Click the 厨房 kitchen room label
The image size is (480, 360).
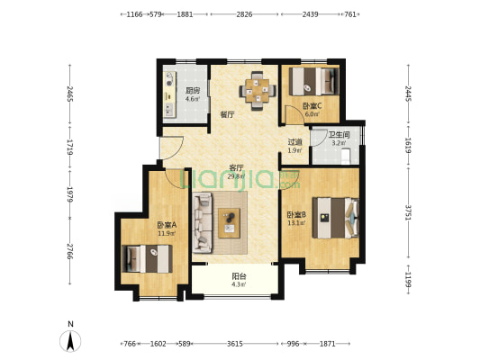[x=193, y=91]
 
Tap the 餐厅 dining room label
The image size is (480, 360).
[x=228, y=115]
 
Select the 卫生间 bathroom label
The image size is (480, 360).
[x=339, y=135]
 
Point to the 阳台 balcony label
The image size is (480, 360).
[x=239, y=276]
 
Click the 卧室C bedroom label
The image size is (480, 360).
[x=312, y=106]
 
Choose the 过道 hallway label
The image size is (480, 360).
[x=295, y=142]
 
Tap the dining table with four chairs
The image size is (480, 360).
[x=258, y=91]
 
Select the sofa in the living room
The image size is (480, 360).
[x=203, y=222]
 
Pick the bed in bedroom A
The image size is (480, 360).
[x=147, y=259]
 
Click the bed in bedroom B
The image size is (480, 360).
[x=336, y=218]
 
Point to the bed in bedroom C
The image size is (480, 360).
[x=313, y=81]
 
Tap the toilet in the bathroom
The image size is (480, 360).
[x=346, y=157]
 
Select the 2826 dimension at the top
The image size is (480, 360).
[x=244, y=14]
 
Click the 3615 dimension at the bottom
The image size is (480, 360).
[x=235, y=344]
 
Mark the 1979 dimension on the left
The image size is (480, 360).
[x=70, y=194]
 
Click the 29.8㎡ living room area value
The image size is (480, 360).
[x=236, y=176]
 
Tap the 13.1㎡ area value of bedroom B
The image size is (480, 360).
[x=296, y=223]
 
